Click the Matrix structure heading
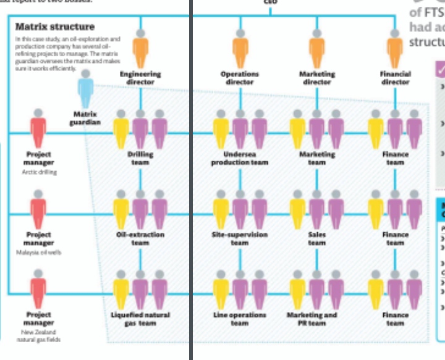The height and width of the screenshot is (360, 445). tap(55, 27)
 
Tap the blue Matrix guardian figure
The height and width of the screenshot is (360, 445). tap(85, 90)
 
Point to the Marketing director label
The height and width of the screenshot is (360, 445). tap(317, 78)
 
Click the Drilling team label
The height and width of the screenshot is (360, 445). tap(140, 158)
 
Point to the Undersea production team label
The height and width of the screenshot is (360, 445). tap(240, 158)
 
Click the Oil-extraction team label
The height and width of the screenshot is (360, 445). tap(140, 238)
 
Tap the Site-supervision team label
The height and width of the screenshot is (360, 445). tap(240, 238)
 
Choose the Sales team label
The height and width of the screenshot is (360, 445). tap(317, 238)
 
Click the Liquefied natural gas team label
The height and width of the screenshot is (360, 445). tap(140, 319)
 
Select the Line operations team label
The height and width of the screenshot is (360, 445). tap(240, 319)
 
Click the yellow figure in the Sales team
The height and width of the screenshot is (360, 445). tap(298, 209)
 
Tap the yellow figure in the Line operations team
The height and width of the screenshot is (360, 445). tap(221, 290)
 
